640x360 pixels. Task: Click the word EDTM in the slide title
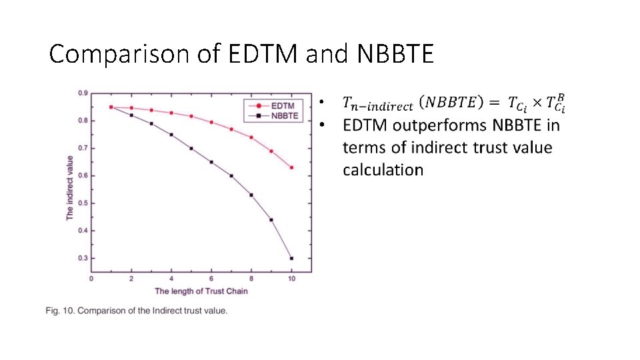[265, 54]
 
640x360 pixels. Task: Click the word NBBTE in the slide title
[395, 54]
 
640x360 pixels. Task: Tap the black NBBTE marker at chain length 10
[291, 258]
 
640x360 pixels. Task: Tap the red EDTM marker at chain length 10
[291, 167]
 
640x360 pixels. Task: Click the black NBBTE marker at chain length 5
[191, 148]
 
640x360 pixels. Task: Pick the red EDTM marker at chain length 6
[211, 122]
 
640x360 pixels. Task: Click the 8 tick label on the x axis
[251, 278]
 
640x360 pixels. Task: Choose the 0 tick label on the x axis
[91, 278]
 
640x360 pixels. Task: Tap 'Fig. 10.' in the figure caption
[60, 311]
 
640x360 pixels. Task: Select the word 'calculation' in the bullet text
[383, 170]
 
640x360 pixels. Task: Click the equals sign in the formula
[494, 102]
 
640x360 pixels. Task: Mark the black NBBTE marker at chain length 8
[251, 195]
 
